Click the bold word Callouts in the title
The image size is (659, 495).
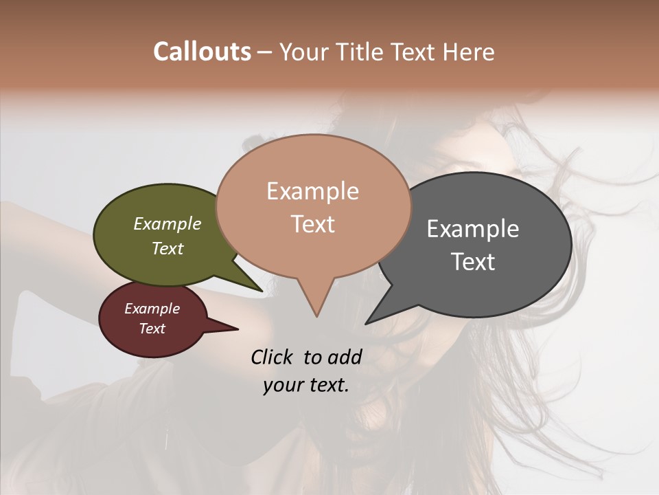coord(202,52)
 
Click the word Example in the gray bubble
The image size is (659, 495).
coord(473,229)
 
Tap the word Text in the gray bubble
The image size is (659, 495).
coord(473,262)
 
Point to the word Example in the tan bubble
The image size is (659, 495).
coord(312,191)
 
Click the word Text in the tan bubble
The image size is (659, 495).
coord(312,224)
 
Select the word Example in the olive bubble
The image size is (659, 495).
coord(167,223)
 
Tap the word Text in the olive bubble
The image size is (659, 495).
coord(167,248)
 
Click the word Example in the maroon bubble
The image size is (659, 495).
coord(152,309)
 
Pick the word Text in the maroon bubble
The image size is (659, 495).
coord(152,329)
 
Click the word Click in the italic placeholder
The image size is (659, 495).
coord(273,357)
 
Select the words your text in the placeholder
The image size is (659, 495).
coord(306,385)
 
